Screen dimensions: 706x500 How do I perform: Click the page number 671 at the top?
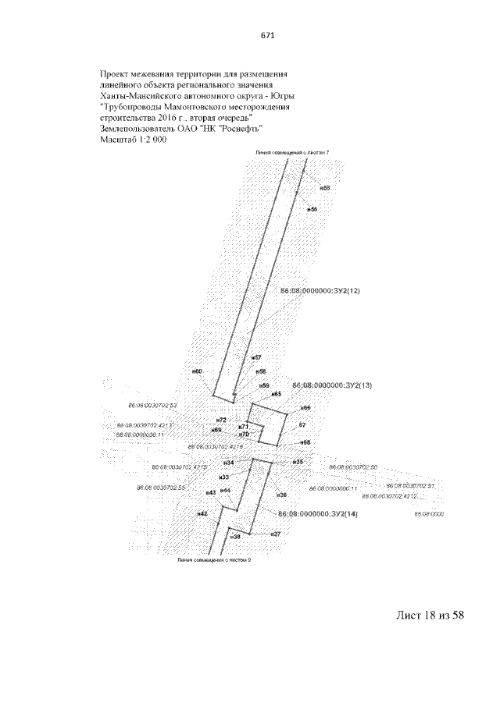click(264, 35)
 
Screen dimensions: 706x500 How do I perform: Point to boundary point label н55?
click(326, 188)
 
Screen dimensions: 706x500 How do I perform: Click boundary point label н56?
click(312, 210)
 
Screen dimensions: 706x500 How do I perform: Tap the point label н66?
click(305, 408)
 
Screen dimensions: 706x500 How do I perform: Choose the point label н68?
click(305, 442)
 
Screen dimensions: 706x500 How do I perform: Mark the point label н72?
click(221, 420)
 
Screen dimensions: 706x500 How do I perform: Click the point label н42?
click(202, 514)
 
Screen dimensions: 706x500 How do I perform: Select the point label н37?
click(275, 534)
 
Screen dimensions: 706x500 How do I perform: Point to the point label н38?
click(236, 537)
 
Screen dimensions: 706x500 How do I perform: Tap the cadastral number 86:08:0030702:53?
click(152, 406)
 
